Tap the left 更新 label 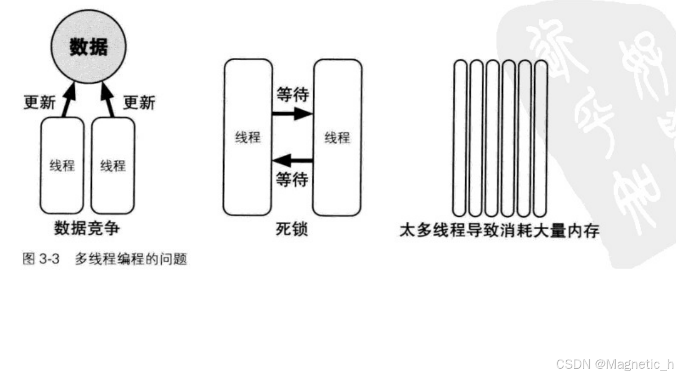point(39,102)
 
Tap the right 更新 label point(139,102)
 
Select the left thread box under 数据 point(62,166)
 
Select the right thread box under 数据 point(113,166)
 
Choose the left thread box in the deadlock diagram point(247,137)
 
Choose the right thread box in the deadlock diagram point(337,137)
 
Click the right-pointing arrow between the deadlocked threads point(292,114)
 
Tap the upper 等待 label point(292,95)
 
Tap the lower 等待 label point(292,180)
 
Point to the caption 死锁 point(292,229)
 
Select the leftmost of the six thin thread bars point(460,137)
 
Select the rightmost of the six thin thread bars point(541,137)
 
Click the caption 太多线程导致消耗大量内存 point(499,230)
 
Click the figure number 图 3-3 point(37,260)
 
